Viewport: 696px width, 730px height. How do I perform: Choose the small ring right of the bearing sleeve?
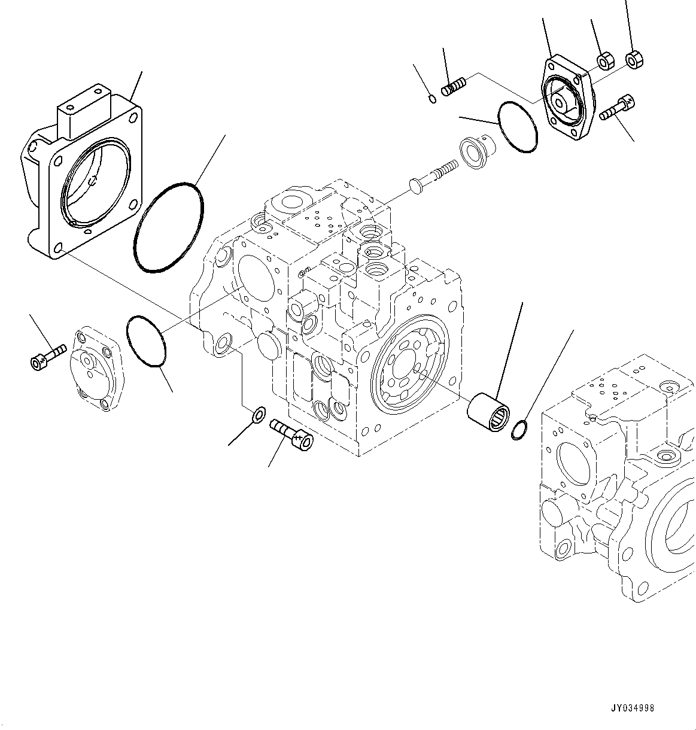[519, 430]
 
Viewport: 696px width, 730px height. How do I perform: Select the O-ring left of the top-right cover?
[516, 126]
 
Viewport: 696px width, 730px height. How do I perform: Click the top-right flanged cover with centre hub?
[566, 100]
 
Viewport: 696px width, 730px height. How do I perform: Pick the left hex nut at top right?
[604, 60]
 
